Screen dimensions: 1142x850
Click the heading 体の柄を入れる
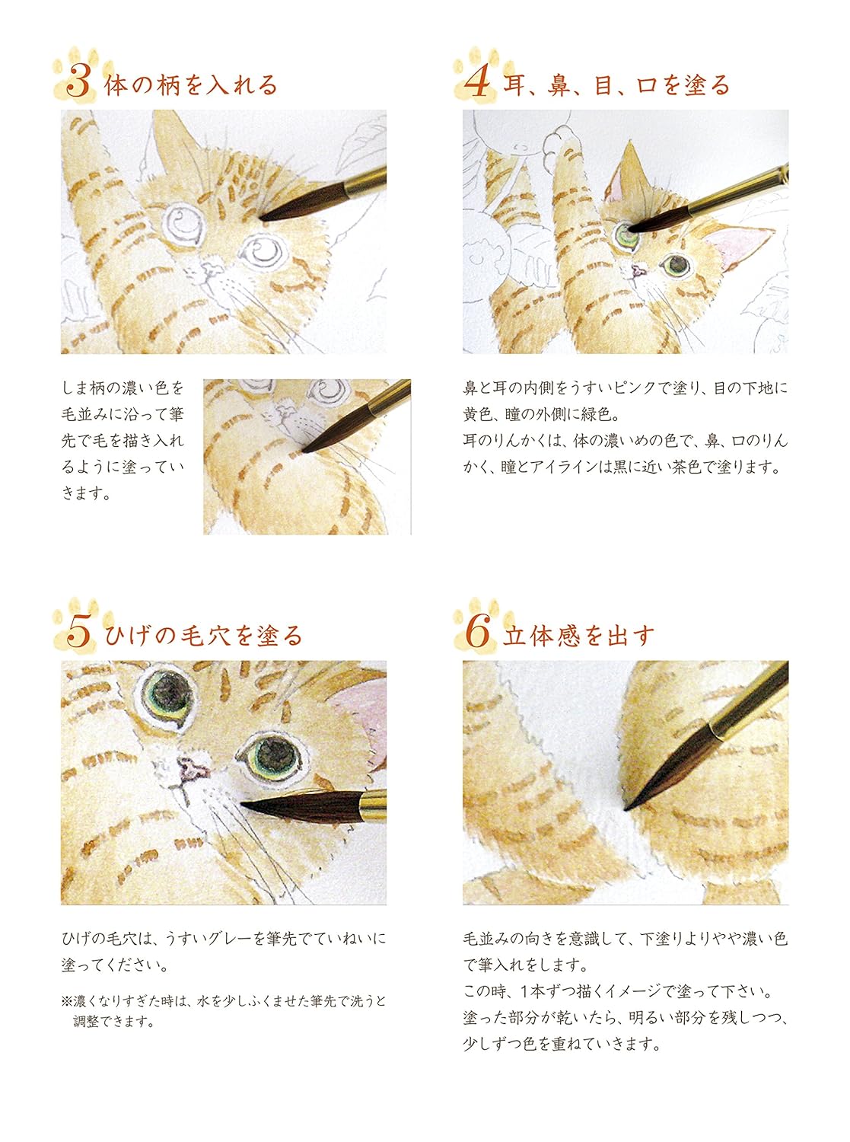coord(191,85)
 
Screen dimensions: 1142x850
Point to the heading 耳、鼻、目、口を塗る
coord(616,85)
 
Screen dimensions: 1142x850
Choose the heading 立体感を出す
coord(578,635)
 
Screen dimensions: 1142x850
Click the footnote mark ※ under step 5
coord(67,1001)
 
